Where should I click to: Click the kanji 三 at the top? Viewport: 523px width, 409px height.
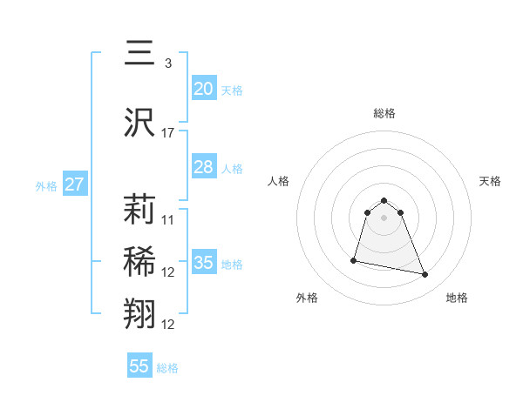[139, 55]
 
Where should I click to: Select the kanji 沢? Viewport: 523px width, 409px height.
[139, 123]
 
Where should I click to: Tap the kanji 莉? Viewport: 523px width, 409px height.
[139, 209]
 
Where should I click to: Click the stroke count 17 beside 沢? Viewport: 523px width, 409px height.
[168, 133]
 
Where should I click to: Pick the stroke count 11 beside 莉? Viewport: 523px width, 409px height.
[168, 219]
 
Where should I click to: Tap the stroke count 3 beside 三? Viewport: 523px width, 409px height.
[167, 64]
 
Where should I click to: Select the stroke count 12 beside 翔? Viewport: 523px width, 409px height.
[168, 325]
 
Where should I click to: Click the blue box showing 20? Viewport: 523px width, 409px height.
[203, 89]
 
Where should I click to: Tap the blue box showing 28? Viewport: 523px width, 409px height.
[203, 167]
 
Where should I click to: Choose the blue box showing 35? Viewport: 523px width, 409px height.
[203, 263]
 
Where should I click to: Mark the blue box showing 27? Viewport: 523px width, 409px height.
[74, 184]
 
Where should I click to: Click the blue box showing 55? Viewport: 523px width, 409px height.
[139, 366]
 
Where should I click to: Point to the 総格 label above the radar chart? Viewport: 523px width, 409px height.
[384, 113]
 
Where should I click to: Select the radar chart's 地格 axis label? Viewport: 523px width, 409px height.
[457, 298]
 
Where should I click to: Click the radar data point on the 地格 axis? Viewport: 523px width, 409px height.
[425, 275]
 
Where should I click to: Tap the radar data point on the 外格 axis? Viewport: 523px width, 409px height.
[354, 260]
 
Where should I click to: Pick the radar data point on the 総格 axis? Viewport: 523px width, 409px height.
[384, 196]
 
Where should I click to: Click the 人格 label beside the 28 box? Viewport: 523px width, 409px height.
[232, 169]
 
